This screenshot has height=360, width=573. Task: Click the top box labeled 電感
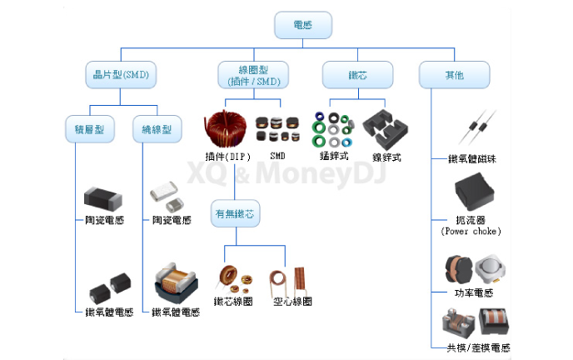pos(303,27)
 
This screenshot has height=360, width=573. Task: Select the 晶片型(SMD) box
pos(121,75)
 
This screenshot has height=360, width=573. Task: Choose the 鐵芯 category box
pos(357,75)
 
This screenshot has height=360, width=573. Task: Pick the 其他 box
pos(454,75)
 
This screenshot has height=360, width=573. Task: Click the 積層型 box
pos(89,129)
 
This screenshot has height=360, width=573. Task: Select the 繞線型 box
pos(156,129)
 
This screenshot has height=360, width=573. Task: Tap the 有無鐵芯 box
pos(236,213)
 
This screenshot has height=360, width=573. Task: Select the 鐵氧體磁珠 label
pos(471,158)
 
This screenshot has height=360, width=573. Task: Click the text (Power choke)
pos(471,231)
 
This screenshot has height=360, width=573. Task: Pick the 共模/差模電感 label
pos(472,347)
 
